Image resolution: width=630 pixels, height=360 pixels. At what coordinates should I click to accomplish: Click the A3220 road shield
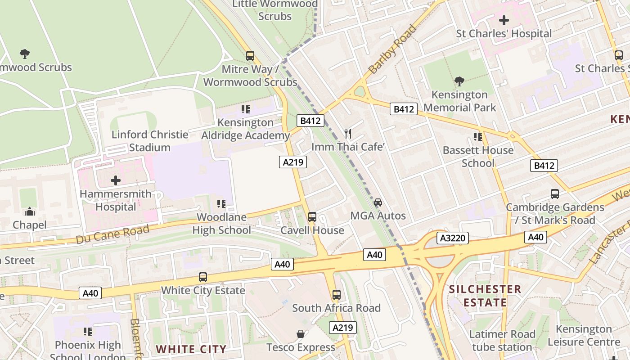pos(452,238)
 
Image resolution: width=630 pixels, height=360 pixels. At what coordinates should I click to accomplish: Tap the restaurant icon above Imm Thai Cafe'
pos(347,133)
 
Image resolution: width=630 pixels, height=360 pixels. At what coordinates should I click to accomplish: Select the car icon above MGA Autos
pos(378,202)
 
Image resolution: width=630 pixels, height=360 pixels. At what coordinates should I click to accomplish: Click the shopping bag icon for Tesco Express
pos(300,334)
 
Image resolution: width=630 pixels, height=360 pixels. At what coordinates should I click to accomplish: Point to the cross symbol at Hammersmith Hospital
pos(116,180)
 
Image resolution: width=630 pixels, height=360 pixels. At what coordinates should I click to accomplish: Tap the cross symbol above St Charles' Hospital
pos(504,20)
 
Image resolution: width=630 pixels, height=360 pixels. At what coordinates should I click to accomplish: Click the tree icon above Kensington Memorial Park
pos(459,81)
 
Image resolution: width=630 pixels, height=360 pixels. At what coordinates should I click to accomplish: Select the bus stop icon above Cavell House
pos(312,217)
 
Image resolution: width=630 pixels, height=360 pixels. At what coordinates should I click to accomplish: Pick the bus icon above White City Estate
pos(203,277)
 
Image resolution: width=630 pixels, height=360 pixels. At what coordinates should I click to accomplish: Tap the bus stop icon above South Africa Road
pos(337,295)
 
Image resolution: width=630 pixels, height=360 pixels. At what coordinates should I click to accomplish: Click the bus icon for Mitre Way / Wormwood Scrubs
pos(250,56)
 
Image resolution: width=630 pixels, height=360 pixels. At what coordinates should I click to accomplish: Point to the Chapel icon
pos(30,211)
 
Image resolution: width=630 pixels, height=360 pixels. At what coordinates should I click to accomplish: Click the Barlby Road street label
pos(392,49)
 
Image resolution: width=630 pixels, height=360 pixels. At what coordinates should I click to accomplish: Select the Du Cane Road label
pos(112,235)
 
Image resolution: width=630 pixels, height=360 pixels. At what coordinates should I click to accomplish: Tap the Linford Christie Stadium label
pos(150,141)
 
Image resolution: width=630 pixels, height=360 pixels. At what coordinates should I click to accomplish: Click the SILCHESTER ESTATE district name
pos(485,296)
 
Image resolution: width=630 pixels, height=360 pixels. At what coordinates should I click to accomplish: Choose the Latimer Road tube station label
pos(502,341)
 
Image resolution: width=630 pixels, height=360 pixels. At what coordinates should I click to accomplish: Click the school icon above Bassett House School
pos(478,136)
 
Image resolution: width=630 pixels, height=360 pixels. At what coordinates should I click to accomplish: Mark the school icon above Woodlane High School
pos(221,204)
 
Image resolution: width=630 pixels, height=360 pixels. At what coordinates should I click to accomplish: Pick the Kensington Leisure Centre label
pos(584,336)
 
